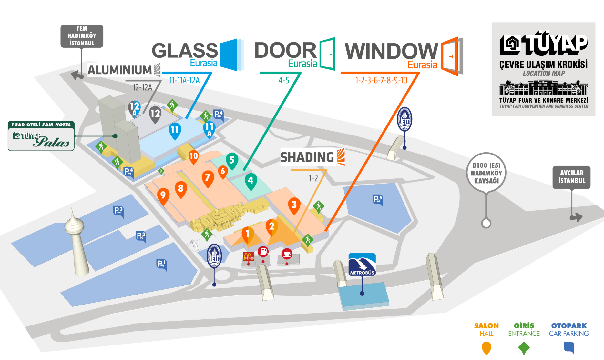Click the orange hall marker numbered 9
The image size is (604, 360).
tap(163, 195)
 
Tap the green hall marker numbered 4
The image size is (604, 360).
tap(251, 180)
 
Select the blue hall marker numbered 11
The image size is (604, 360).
tap(175, 130)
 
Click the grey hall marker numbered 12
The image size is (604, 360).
tap(155, 113)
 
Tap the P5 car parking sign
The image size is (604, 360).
tap(378, 199)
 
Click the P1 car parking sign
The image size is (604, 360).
tap(161, 264)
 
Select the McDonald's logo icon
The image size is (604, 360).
tap(248, 256)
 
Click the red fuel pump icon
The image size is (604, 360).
tap(263, 251)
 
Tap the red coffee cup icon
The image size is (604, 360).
tap(287, 254)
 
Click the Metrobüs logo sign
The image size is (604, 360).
tap(362, 265)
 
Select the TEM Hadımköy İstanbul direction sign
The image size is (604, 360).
tap(82, 36)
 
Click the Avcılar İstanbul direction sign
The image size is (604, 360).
tap(571, 177)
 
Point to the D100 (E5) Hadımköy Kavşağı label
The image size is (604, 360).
tap(486, 173)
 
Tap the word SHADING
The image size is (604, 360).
tap(307, 157)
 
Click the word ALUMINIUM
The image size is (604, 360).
tap(120, 70)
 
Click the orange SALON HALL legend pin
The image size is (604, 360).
tap(486, 348)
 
